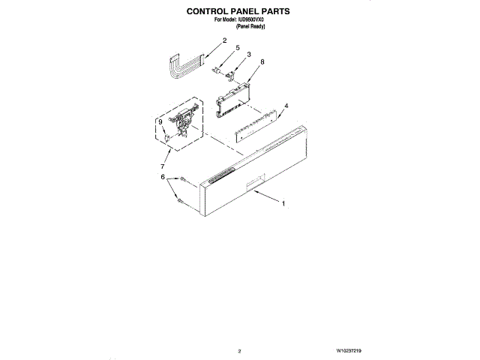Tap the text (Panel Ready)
(x=250, y=26)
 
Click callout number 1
(x=283, y=203)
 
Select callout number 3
(x=249, y=54)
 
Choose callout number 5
(x=238, y=47)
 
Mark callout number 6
(x=163, y=177)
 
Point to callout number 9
(x=160, y=121)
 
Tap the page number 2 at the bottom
(x=239, y=350)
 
